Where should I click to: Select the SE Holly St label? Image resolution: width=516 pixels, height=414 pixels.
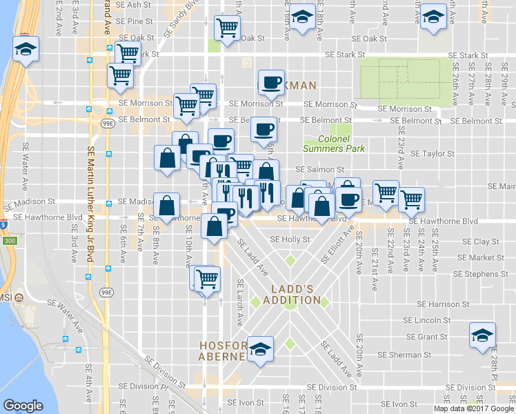pyautogui.click(x=291, y=239)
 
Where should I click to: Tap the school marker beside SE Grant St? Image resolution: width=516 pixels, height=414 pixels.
pyautogui.click(x=482, y=335)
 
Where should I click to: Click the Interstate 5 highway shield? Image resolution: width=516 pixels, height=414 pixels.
pyautogui.click(x=3, y=224)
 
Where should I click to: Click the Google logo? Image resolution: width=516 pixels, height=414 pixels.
pyautogui.click(x=23, y=406)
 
